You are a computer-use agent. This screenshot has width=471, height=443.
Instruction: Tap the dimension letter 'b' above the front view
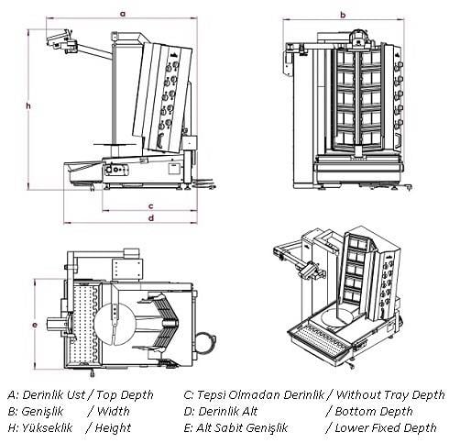click(x=342, y=14)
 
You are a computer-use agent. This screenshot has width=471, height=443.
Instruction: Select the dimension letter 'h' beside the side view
click(x=29, y=106)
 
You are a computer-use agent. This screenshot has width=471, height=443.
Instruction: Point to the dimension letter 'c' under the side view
click(x=150, y=206)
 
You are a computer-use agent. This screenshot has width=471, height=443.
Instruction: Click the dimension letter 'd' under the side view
click(x=150, y=218)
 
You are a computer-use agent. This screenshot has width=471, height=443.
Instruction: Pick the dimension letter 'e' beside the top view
click(x=34, y=325)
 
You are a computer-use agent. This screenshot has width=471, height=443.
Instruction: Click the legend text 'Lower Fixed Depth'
click(x=385, y=427)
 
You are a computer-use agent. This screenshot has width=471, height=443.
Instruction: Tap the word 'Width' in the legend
click(x=113, y=412)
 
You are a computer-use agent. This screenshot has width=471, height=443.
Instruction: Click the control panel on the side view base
click(x=116, y=169)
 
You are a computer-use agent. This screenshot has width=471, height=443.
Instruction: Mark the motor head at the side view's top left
click(x=61, y=39)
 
